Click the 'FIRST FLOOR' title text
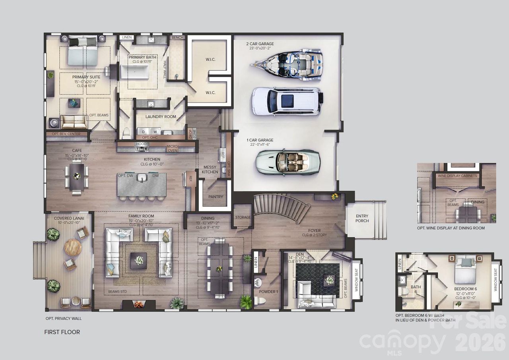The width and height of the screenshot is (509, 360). pyautogui.click(x=62, y=332)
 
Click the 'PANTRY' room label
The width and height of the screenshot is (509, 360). pyautogui.click(x=216, y=197)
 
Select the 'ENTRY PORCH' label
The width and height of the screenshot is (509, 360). pyautogui.click(x=362, y=219)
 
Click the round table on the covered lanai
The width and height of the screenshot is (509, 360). pyautogui.click(x=73, y=248)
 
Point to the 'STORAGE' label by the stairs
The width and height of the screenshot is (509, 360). pyautogui.click(x=243, y=217)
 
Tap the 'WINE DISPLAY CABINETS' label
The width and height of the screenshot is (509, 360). pyautogui.click(x=457, y=176)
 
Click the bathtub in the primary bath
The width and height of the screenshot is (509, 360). pyautogui.click(x=134, y=74)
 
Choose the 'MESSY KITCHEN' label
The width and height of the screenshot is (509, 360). pyautogui.click(x=210, y=170)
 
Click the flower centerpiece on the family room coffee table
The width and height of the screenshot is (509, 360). pyautogui.click(x=138, y=261)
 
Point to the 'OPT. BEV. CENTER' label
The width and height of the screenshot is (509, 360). pyautogui.click(x=66, y=134)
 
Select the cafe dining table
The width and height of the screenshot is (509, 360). pyautogui.click(x=77, y=177)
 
